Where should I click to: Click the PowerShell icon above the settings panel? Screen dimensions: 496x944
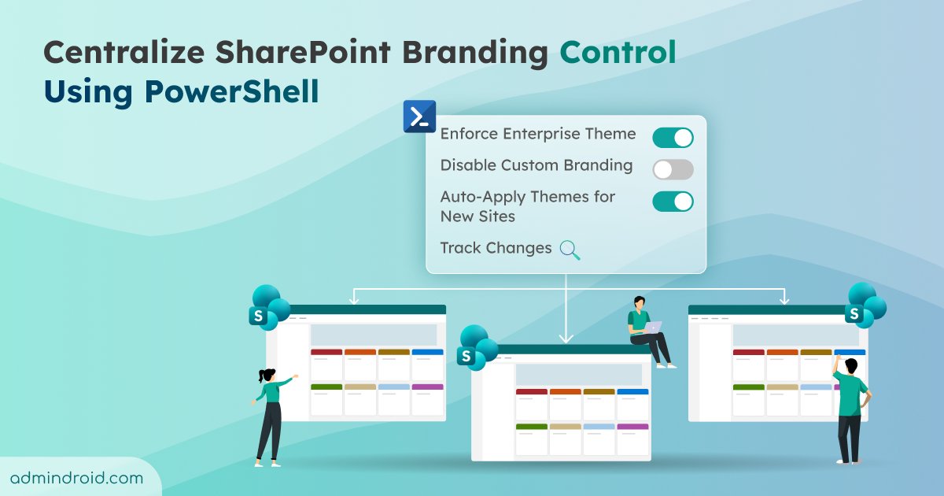pos(419,117)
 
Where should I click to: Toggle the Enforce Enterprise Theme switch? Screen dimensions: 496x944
pos(673,138)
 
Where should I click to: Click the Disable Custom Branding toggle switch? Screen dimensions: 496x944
pos(673,169)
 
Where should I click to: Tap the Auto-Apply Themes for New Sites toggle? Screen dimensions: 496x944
pos(673,202)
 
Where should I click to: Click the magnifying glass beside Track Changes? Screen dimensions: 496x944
pos(570,250)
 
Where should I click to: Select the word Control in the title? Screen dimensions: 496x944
pos(618,53)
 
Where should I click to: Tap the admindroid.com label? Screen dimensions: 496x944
pos(77,478)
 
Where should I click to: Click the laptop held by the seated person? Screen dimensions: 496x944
pos(653,327)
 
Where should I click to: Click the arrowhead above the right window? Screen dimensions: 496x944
pos(783,299)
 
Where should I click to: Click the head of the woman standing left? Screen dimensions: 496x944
pos(266,376)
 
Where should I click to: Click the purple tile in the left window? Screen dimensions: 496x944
pos(427,387)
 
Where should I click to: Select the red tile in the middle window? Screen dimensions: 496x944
pos(531,391)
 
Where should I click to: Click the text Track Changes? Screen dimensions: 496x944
pos(496,248)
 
